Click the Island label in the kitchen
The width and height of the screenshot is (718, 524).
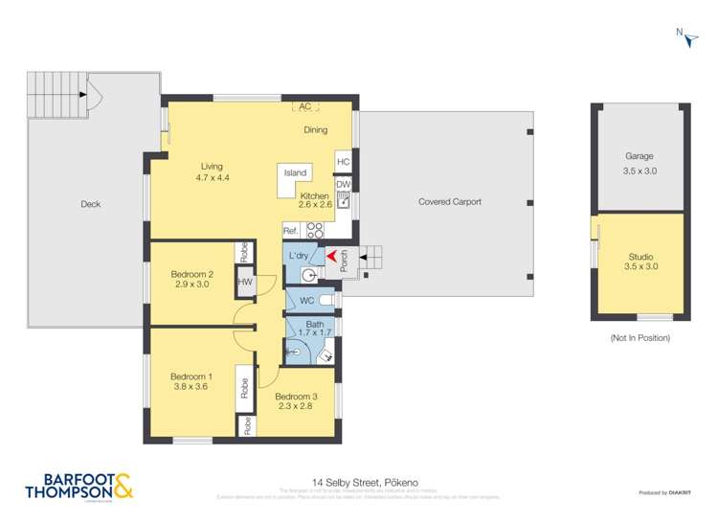click(296, 172)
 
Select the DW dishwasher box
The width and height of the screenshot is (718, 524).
click(342, 184)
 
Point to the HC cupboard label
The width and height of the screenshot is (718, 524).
click(343, 162)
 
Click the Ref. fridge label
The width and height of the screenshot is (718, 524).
click(291, 231)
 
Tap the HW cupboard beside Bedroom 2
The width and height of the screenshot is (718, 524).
click(245, 282)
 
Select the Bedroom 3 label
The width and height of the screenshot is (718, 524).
click(295, 397)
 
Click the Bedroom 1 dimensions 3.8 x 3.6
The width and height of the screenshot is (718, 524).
click(191, 389)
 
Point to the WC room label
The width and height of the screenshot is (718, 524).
click(307, 301)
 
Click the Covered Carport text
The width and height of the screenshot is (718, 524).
click(449, 202)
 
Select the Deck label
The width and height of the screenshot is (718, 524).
click(91, 204)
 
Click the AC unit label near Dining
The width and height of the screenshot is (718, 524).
click(305, 107)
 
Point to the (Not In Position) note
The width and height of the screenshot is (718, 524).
click(639, 338)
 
